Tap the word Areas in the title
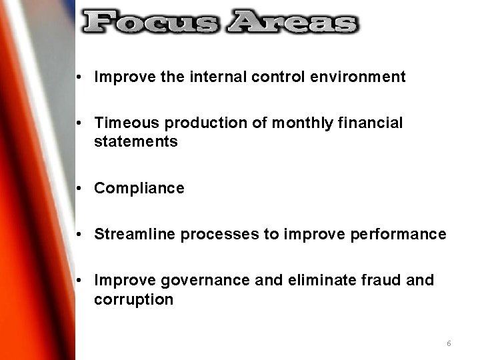click(x=292, y=23)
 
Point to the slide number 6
click(x=449, y=343)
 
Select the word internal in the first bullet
click(x=216, y=77)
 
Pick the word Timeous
click(x=127, y=123)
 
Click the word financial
click(x=370, y=123)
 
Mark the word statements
click(x=136, y=141)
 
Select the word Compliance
click(x=139, y=189)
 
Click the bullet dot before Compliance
click(x=79, y=189)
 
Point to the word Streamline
click(x=135, y=235)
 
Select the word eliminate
click(x=313, y=281)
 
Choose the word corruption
click(x=133, y=299)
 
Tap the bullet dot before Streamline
click(x=79, y=235)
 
